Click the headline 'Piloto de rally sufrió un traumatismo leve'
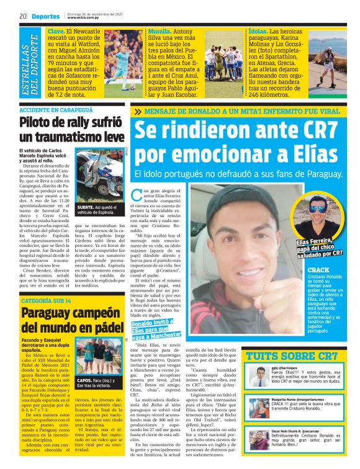click(71, 130)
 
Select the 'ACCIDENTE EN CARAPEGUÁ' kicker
click(51, 109)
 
